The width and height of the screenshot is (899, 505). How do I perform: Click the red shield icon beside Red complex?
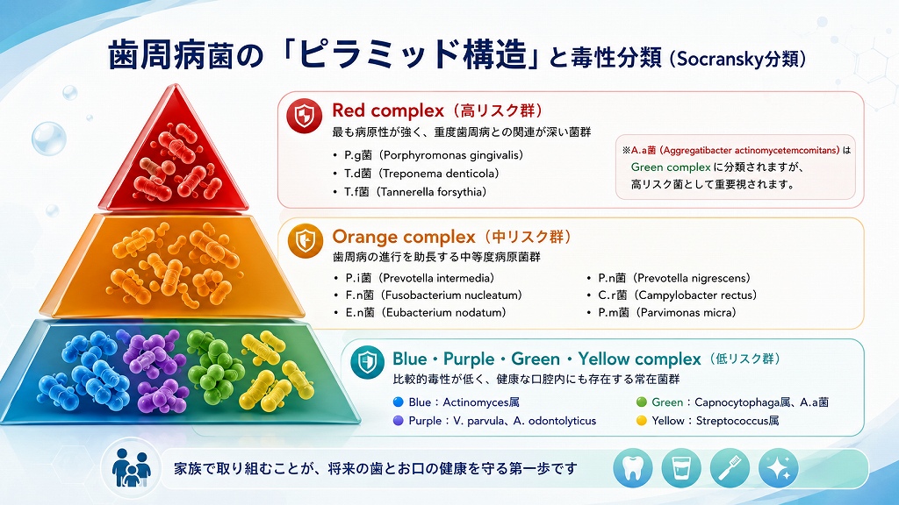[304, 116]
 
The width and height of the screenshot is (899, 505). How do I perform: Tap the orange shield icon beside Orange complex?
[305, 240]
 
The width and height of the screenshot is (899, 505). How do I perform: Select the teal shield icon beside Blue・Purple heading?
[367, 362]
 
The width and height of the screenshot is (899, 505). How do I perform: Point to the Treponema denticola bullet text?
[421, 174]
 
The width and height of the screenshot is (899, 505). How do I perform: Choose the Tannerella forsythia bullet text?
[415, 192]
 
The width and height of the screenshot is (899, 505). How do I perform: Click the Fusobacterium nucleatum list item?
[434, 295]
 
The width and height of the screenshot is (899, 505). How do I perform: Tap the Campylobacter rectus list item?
[678, 295]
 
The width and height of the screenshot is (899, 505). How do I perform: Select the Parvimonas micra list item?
[667, 313]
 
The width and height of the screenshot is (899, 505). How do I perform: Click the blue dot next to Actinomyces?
[399, 402]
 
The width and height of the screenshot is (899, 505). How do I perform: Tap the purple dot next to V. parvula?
[399, 421]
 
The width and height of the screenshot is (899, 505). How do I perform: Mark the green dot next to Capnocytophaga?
[642, 402]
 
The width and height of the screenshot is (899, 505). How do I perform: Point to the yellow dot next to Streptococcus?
[642, 421]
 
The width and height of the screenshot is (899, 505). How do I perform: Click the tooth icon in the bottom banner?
[633, 468]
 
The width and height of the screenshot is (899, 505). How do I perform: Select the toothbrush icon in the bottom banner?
[730, 468]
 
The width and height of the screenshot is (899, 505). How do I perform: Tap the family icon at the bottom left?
[132, 467]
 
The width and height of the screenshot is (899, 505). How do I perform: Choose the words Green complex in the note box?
[671, 167]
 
